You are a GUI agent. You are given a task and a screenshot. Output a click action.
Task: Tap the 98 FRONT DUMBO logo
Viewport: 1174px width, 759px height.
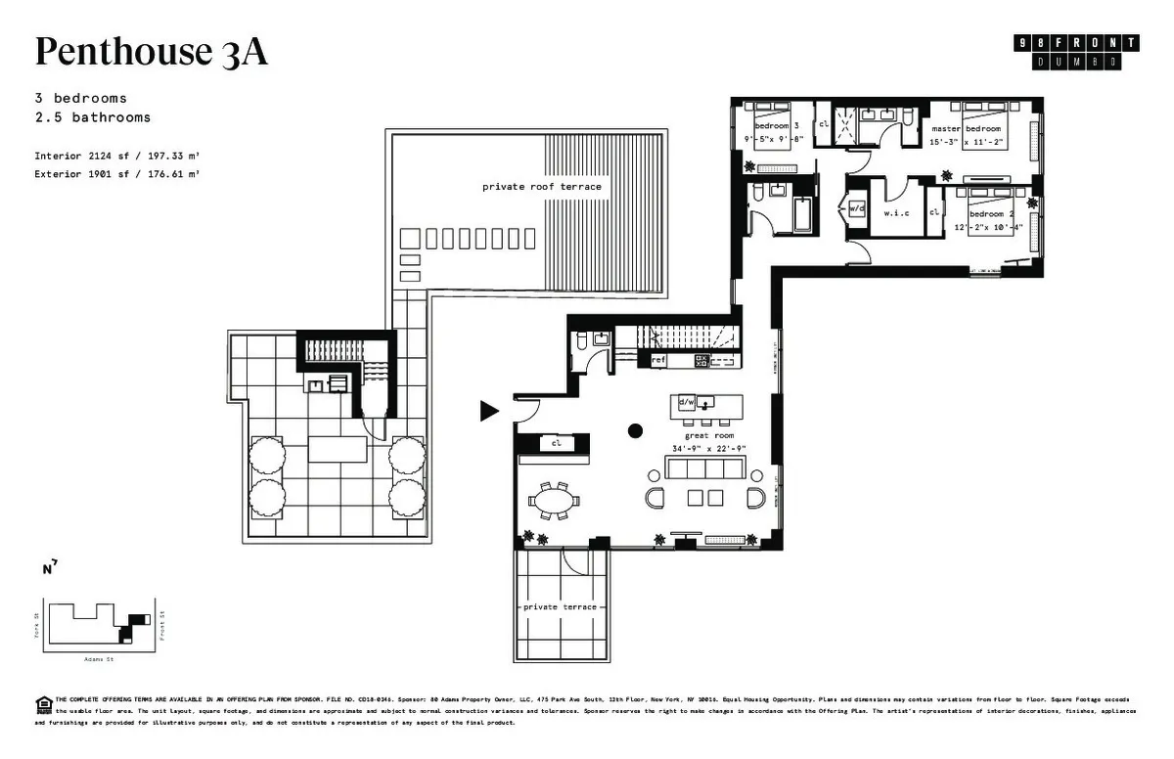pyautogui.click(x=1077, y=52)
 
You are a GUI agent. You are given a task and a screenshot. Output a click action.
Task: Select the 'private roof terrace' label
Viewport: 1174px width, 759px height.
pyautogui.click(x=541, y=186)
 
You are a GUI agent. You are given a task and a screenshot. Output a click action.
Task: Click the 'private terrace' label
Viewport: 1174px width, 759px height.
pyautogui.click(x=554, y=606)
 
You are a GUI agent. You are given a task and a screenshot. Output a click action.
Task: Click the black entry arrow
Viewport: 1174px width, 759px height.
pyautogui.click(x=488, y=411)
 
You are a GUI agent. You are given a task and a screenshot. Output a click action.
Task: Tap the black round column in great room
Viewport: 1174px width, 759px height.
pyautogui.click(x=635, y=429)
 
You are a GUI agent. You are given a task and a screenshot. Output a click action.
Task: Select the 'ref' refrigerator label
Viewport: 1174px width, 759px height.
pyautogui.click(x=658, y=361)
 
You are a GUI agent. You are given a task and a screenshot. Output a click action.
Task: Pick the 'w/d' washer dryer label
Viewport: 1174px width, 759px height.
pyautogui.click(x=857, y=208)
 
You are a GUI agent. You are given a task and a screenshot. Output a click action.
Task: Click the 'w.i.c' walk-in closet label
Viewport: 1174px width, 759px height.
pyautogui.click(x=897, y=212)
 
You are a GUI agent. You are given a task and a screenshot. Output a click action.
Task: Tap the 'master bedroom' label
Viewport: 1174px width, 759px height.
pyautogui.click(x=967, y=129)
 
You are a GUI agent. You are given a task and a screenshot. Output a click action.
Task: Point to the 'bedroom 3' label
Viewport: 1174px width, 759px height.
pyautogui.click(x=776, y=126)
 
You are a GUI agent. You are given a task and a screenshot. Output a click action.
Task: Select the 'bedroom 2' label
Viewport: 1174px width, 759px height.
pyautogui.click(x=993, y=214)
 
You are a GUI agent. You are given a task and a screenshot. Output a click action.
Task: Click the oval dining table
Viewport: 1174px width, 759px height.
pyautogui.click(x=554, y=502)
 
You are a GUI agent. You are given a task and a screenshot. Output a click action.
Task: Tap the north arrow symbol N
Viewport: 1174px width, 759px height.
pyautogui.click(x=49, y=567)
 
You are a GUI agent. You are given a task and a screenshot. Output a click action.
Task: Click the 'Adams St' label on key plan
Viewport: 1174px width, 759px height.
pyautogui.click(x=99, y=659)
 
